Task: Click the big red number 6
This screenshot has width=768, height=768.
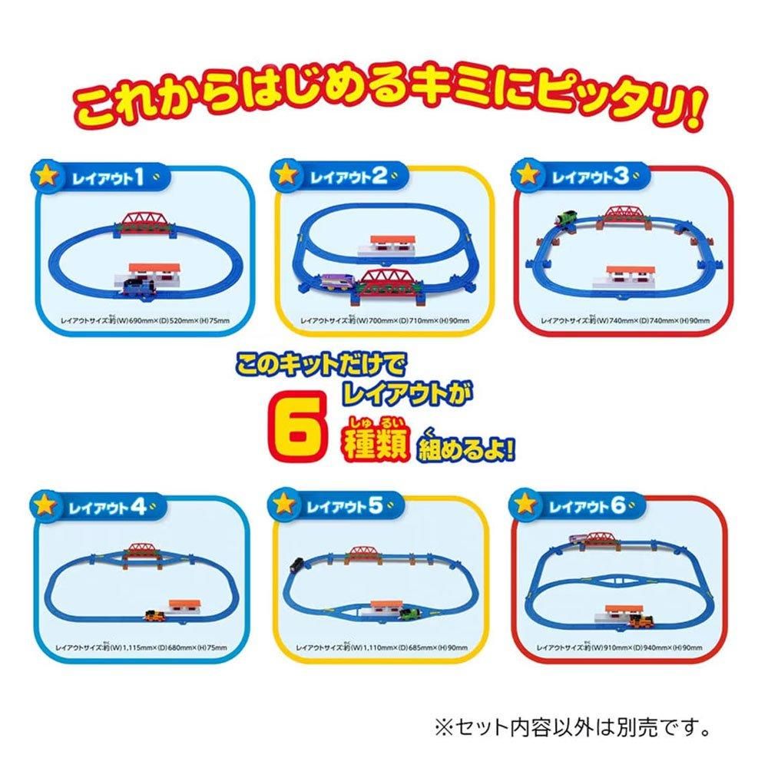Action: click(293, 432)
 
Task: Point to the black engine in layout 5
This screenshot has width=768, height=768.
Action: click(294, 569)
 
